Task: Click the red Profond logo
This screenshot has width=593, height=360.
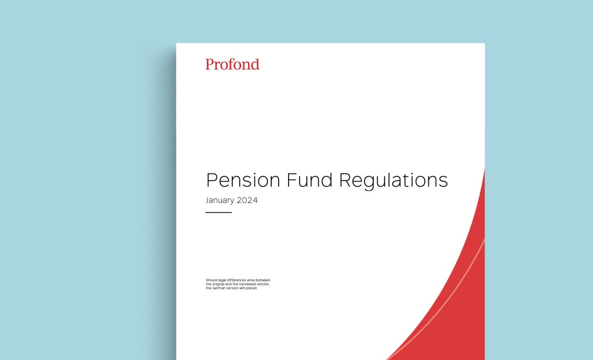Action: click(x=232, y=64)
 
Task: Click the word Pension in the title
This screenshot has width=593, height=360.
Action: click(x=243, y=180)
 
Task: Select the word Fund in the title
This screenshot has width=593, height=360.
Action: click(x=309, y=180)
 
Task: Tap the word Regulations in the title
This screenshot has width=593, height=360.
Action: click(x=393, y=181)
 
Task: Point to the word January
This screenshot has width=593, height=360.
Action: click(x=220, y=200)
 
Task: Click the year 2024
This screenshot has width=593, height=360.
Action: click(x=247, y=200)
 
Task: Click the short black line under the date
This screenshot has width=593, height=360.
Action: click(x=218, y=212)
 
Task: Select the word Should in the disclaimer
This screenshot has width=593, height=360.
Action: click(x=212, y=280)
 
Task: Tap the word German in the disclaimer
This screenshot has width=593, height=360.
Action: click(x=218, y=288)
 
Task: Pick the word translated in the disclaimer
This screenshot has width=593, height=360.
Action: click(x=247, y=284)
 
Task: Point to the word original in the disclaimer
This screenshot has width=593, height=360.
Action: click(x=218, y=284)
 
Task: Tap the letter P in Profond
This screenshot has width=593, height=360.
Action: click(x=210, y=64)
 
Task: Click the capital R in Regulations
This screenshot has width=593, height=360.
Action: click(x=345, y=180)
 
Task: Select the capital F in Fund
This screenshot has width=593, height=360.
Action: click(x=292, y=180)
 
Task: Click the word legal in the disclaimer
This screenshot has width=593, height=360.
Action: click(x=222, y=280)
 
